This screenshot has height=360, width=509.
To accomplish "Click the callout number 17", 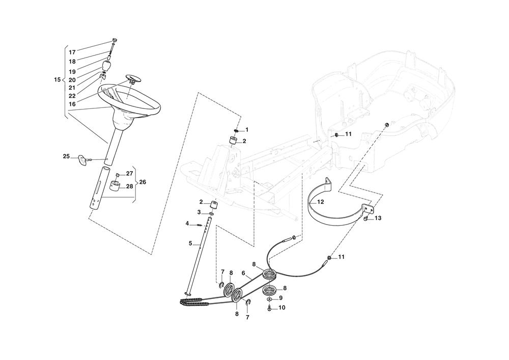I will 72,52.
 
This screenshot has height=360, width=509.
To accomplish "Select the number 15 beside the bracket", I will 57,79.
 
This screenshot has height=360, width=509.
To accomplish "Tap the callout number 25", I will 66,156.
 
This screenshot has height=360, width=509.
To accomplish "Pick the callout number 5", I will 190,243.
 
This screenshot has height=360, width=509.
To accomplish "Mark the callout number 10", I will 282,308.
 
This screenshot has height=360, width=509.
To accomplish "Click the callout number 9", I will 280,297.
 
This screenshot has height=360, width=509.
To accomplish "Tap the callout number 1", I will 247,130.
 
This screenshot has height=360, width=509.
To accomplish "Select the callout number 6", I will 243,273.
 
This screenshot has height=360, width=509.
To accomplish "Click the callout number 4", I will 187,223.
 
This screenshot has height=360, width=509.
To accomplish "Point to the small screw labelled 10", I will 269,308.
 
